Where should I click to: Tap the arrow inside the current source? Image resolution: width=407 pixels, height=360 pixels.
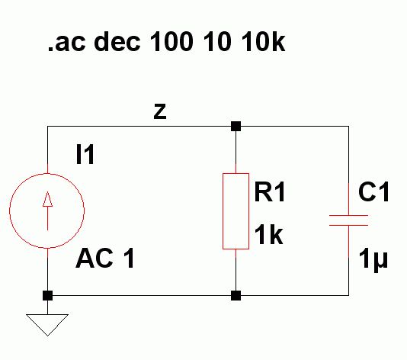(47, 211)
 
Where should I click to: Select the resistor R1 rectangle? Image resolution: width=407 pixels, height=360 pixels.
(223, 211)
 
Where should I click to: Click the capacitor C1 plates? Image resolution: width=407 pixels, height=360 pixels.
(348, 220)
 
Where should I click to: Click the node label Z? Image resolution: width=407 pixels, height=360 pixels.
(160, 111)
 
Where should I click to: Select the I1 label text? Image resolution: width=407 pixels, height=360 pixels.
(85, 155)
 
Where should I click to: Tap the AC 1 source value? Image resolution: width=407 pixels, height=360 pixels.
(105, 258)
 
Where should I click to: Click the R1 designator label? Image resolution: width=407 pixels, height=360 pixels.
(270, 192)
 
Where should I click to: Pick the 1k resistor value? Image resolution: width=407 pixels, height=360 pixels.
(268, 235)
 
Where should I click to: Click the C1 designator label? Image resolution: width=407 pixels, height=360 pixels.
(373, 192)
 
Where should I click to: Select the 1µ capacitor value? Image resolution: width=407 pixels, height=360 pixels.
(373, 260)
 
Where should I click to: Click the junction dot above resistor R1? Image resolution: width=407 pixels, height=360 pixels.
(236, 127)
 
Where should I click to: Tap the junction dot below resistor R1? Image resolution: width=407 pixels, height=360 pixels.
(236, 295)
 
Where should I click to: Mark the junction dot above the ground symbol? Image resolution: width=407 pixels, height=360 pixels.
(47, 295)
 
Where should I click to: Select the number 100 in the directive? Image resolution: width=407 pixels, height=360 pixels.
(171, 41)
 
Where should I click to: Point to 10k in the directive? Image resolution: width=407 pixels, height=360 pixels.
(263, 41)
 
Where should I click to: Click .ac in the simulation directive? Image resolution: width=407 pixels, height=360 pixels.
(66, 43)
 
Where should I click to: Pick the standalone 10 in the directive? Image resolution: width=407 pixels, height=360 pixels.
(217, 41)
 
